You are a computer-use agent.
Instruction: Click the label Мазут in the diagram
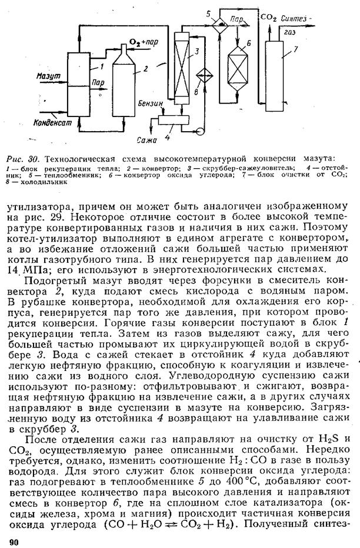tap(33, 76)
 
